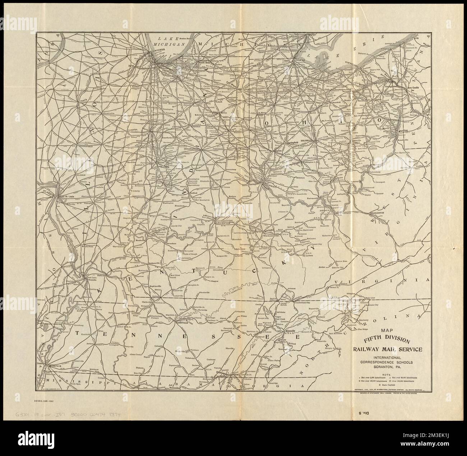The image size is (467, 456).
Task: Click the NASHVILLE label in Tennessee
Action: coord(182,323)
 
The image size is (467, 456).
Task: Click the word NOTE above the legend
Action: coord(382,374)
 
